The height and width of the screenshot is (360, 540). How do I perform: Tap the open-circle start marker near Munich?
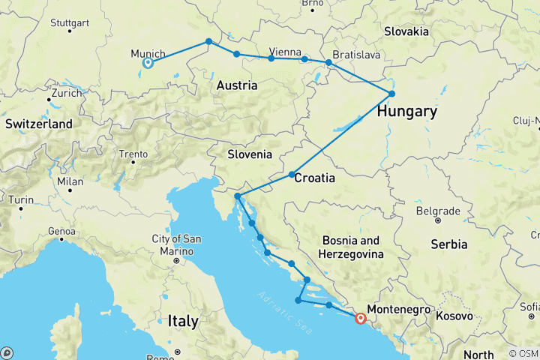pos(148,63)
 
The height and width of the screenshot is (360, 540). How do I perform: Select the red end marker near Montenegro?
pos(361,318)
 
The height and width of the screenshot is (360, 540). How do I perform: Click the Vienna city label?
pos(285,51)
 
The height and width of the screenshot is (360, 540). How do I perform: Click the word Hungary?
pos(406,112)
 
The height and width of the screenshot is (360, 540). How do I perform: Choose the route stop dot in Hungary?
pos(391,94)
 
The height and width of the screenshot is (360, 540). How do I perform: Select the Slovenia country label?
pos(251,154)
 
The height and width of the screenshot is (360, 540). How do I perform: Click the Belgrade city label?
pos(437,211)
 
